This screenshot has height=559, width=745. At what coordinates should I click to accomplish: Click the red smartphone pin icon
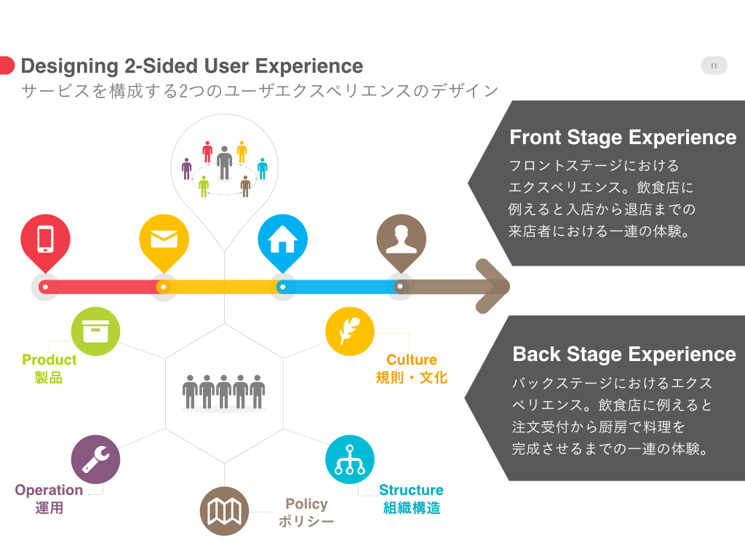click(x=45, y=239)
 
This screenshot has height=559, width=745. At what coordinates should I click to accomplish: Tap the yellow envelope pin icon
click(x=164, y=239)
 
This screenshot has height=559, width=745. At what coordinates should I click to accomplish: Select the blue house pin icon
click(x=282, y=239)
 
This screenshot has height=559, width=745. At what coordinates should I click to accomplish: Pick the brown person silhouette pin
click(x=401, y=239)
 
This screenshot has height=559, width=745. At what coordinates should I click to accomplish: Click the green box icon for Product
click(x=95, y=332)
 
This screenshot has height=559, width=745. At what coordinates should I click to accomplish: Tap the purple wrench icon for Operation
click(x=95, y=459)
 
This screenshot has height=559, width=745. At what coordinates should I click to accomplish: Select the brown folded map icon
click(x=224, y=511)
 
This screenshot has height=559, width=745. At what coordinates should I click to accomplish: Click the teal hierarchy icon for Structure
click(x=350, y=459)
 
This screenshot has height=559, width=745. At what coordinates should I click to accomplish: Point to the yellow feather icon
click(x=350, y=332)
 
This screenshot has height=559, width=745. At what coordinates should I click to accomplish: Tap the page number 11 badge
click(x=714, y=66)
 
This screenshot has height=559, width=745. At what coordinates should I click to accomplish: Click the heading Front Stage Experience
click(x=623, y=138)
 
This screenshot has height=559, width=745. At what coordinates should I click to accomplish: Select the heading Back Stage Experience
click(x=624, y=354)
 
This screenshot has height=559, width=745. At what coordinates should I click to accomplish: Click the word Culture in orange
click(x=412, y=360)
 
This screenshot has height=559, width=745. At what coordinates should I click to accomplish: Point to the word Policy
click(x=306, y=504)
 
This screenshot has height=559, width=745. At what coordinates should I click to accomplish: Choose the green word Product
click(x=49, y=360)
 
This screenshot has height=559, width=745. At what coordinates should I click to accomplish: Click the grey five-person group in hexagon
click(x=224, y=392)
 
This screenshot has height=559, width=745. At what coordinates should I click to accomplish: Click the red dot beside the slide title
click(x=6, y=66)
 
